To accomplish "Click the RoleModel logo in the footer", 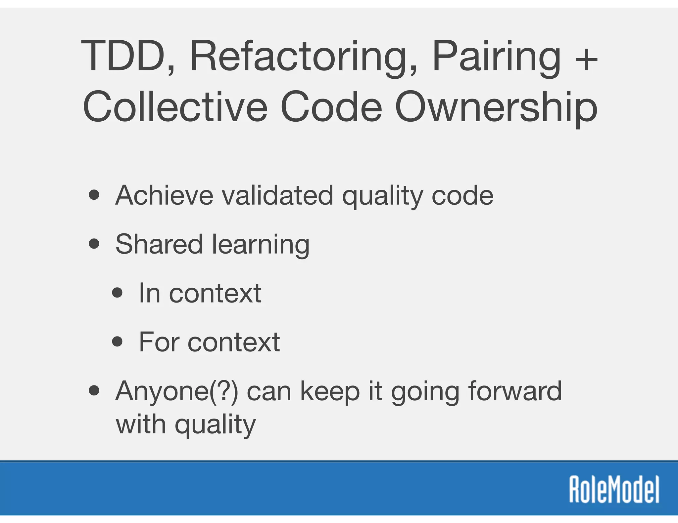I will [614, 490].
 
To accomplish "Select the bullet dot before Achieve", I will [94, 195].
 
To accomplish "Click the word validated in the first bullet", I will [277, 196].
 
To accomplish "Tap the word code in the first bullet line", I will [462, 196].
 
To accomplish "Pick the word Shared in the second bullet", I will [159, 244].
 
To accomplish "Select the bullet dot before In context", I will [117, 293].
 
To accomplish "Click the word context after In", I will [215, 293].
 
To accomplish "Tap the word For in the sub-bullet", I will [159, 342].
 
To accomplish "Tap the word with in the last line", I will [141, 424].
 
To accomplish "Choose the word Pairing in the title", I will [497, 56].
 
